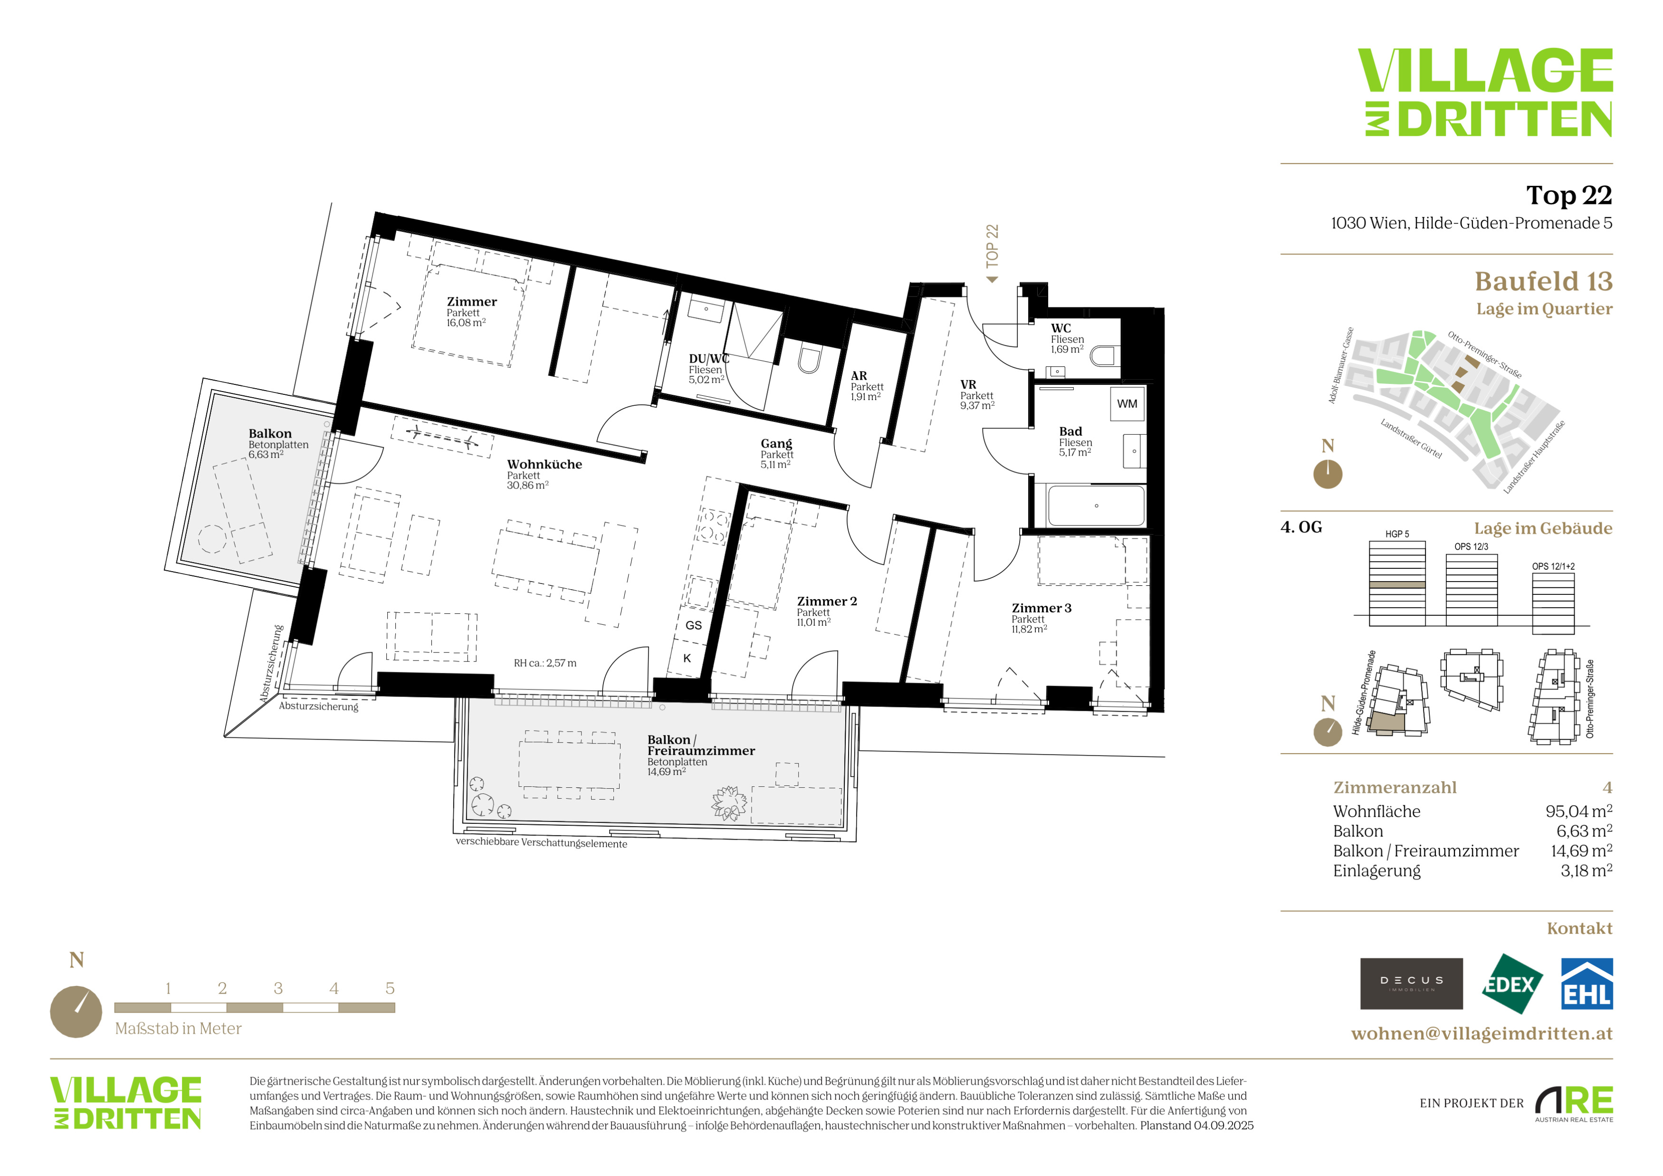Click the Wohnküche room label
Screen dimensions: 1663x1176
tap(544, 464)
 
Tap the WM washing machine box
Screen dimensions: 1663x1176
tap(1127, 404)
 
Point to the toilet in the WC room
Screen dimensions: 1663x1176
tap(1105, 355)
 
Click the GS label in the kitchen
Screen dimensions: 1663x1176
tap(693, 625)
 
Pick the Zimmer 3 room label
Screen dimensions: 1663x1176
tap(1041, 608)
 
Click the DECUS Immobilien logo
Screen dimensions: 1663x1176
tap(1411, 984)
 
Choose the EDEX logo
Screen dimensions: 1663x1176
tap(1511, 984)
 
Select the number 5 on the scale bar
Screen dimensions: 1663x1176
tap(390, 988)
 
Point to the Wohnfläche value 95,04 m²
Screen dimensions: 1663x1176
tap(1578, 811)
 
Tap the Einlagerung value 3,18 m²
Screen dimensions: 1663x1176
tap(1586, 870)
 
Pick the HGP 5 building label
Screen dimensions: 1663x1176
tap(1397, 535)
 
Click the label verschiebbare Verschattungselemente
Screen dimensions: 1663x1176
tap(541, 843)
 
